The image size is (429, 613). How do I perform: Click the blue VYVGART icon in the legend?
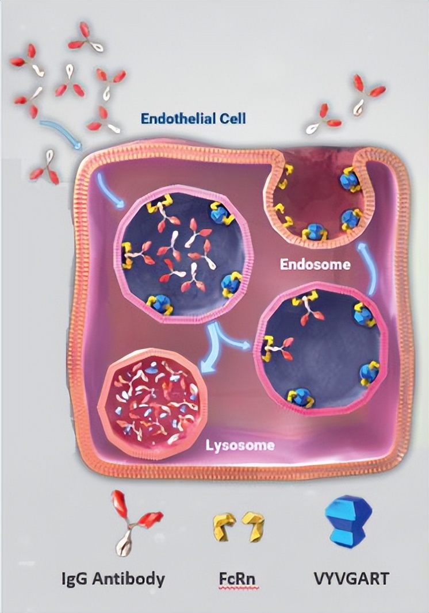point(345,520)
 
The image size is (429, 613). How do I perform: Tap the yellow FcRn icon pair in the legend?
point(237,526)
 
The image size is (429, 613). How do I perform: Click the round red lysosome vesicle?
point(150,400)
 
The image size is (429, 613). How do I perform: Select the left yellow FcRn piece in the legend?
point(223,527)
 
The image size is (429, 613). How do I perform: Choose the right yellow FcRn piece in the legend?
point(252,526)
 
